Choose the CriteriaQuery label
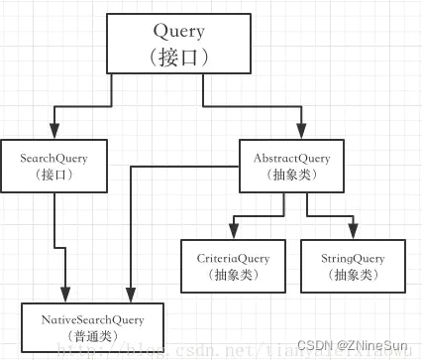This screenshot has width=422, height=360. (x=232, y=258)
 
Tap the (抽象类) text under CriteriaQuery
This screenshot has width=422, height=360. (x=232, y=275)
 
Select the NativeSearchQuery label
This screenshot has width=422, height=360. (x=92, y=319)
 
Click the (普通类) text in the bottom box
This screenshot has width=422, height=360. (x=92, y=336)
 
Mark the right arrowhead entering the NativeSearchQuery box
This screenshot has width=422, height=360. (x=130, y=295)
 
